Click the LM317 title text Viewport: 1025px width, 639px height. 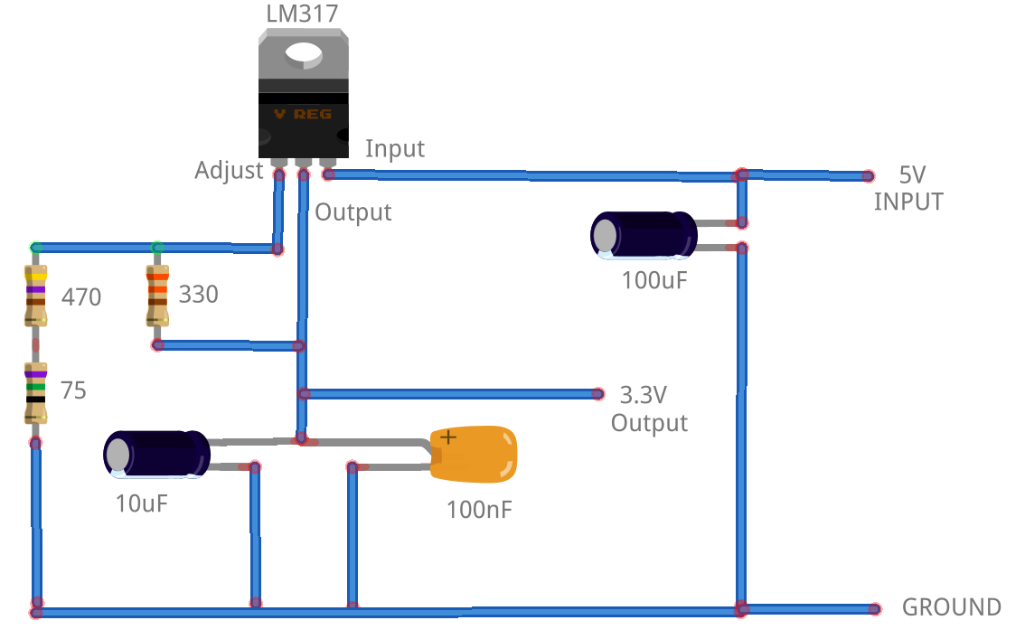(303, 14)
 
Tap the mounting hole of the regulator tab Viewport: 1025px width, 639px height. (304, 55)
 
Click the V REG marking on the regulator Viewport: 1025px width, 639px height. (303, 115)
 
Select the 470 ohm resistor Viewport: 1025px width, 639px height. (35, 296)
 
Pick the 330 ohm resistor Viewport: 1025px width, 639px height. (157, 295)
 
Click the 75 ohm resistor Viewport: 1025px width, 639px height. (35, 393)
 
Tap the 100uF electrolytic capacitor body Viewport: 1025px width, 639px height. (643, 235)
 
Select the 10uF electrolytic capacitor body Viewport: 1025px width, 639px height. (156, 453)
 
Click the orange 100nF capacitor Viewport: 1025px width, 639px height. (474, 454)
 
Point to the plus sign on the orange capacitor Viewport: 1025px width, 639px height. (448, 438)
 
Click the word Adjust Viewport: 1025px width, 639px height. (229, 170)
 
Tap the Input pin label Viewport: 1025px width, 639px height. (395, 148)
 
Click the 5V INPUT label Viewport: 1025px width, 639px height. (908, 188)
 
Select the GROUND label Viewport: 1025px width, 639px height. (951, 607)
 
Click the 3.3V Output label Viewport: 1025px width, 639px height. (648, 409)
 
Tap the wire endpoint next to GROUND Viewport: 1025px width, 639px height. (874, 609)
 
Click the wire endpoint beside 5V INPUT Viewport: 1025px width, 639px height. (868, 176)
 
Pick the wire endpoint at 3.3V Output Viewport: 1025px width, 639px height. (597, 394)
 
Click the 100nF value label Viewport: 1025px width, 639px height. (479, 510)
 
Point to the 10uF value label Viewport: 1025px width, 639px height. (142, 503)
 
